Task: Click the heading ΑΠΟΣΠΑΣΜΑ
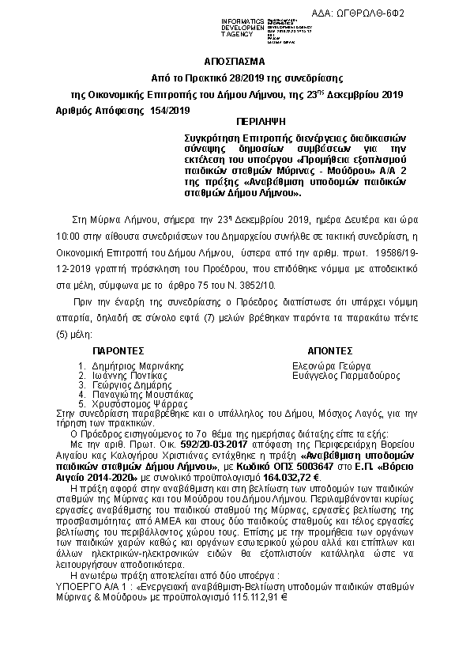[x=235, y=60]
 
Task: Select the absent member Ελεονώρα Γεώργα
[x=332, y=366]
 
